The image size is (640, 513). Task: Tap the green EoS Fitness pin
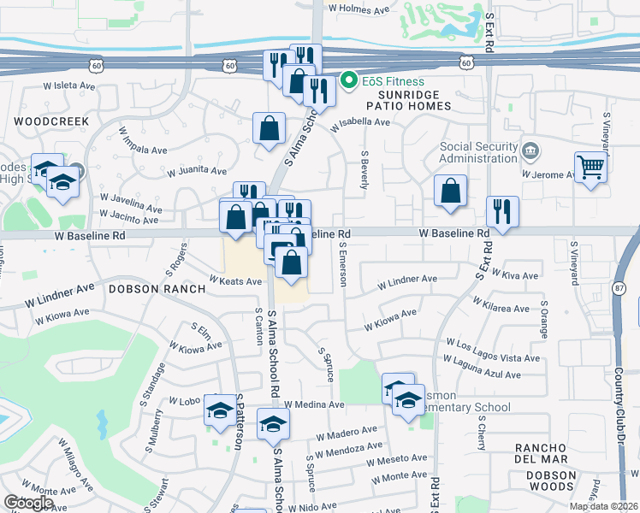349,81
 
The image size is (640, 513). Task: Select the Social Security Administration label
479,152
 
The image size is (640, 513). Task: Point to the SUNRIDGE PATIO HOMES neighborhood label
408,99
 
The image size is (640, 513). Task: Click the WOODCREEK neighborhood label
51,121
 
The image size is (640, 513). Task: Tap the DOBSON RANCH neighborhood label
157,289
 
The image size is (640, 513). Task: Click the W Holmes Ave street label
359,9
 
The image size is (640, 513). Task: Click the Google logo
28,503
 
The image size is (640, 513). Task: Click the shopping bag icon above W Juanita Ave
269,128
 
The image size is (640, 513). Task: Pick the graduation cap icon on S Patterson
220,411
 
